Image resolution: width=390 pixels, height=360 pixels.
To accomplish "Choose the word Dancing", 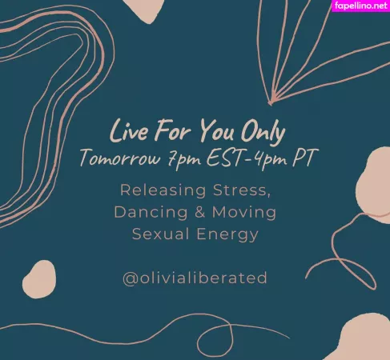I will (x=148, y=212).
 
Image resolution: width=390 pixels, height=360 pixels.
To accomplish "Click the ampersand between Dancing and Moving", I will (x=196, y=212).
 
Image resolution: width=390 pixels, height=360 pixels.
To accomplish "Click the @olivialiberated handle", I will (x=195, y=278).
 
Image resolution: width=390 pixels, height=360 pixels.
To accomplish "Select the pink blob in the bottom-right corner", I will (x=364, y=339).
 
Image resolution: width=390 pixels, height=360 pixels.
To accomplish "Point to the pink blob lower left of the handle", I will (x=38, y=278).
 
